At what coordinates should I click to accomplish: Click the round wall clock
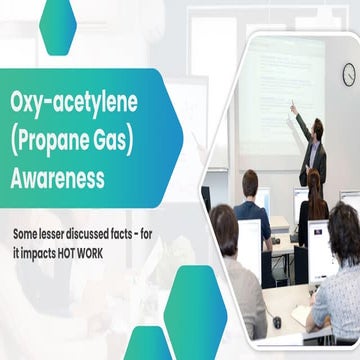coord(348,75)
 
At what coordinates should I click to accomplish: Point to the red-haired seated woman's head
coord(313,180)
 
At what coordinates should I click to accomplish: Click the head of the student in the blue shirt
coord(250,182)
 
